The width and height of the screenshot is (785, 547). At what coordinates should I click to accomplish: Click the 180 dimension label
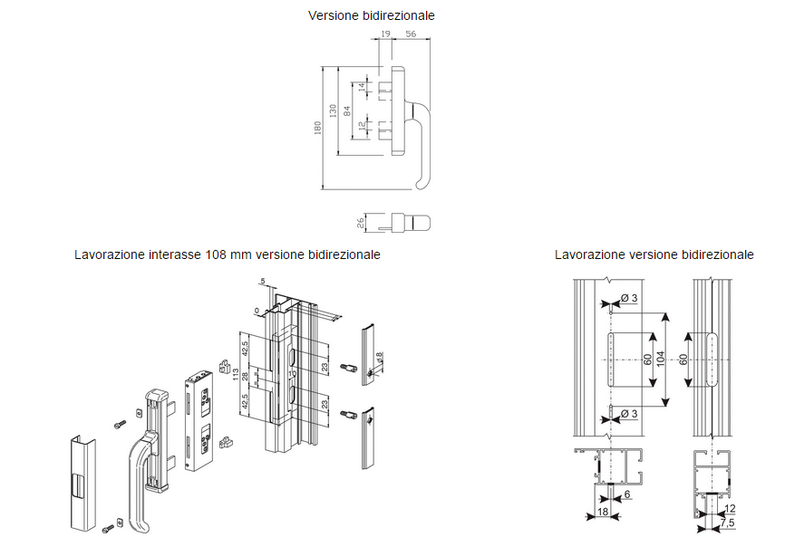[x=318, y=130]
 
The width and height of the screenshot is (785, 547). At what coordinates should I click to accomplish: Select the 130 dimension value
[x=333, y=110]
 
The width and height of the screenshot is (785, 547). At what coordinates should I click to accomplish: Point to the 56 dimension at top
[x=412, y=34]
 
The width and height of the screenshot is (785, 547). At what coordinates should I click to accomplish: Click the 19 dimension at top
[x=385, y=34]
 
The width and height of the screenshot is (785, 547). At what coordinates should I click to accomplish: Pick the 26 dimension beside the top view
[x=360, y=222]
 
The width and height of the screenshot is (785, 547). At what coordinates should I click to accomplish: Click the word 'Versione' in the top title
[x=334, y=15]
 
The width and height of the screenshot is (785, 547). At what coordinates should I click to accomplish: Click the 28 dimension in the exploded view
[x=246, y=375]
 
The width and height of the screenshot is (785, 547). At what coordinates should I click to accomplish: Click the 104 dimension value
[x=660, y=360]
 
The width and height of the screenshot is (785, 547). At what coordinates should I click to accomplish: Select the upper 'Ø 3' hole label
[x=629, y=300]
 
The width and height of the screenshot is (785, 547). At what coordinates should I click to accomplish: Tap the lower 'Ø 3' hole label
[x=629, y=415]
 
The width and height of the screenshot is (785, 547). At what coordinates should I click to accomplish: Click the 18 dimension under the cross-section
[x=603, y=513]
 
